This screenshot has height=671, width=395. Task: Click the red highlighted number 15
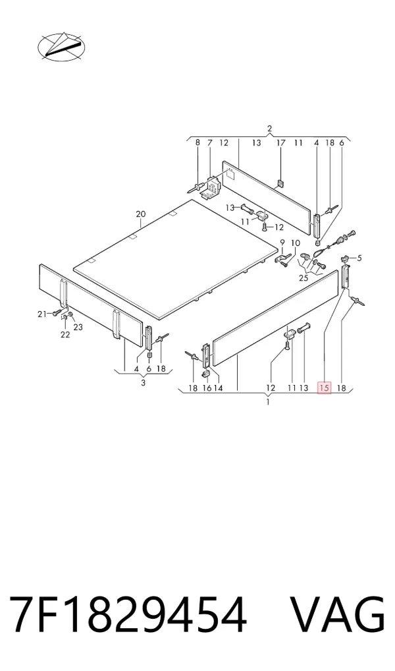[x=325, y=388]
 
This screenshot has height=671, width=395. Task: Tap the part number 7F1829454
[x=128, y=614]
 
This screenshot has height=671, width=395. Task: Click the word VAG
[x=338, y=614]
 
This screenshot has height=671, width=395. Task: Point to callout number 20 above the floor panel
[x=141, y=214]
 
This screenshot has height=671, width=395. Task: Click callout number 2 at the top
[x=269, y=129]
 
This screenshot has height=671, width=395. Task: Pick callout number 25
[x=303, y=278]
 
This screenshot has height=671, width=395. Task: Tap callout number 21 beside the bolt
[x=41, y=314]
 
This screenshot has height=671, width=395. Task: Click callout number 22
[x=65, y=335]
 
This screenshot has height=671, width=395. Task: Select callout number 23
[x=78, y=328]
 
